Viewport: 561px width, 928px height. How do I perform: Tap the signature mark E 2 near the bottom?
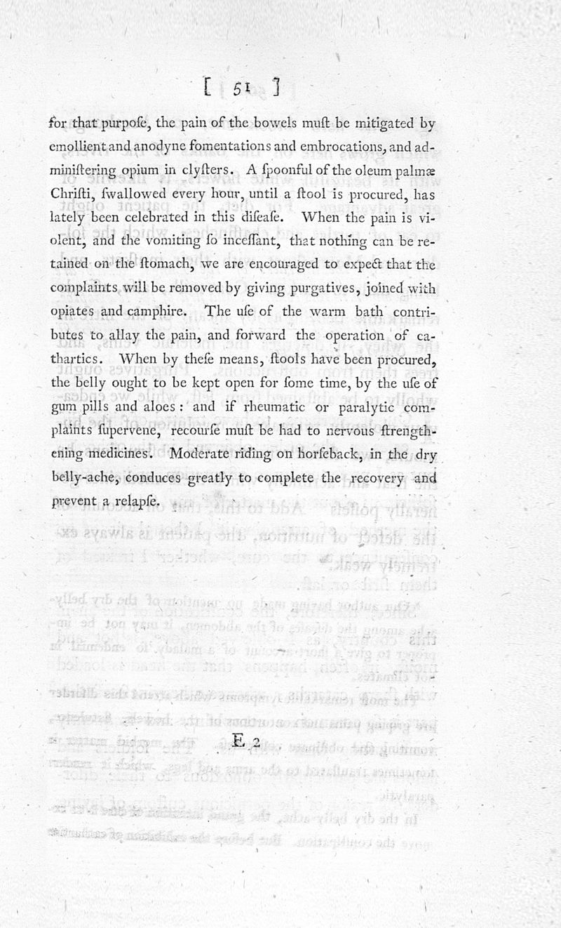click(246, 741)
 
